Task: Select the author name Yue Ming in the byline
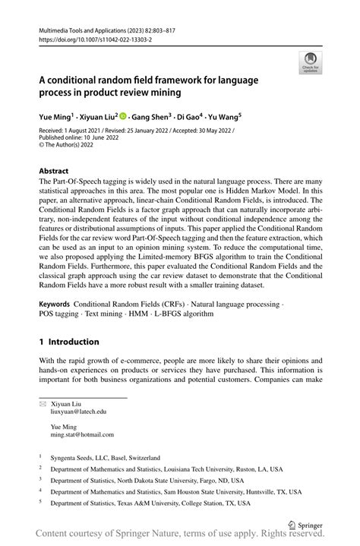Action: (x=55, y=118)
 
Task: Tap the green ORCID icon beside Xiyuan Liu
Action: (x=122, y=118)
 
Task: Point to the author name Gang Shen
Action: (x=149, y=118)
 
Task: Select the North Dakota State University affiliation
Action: (x=147, y=481)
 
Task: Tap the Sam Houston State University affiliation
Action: (x=174, y=491)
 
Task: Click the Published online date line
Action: (x=84, y=140)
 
